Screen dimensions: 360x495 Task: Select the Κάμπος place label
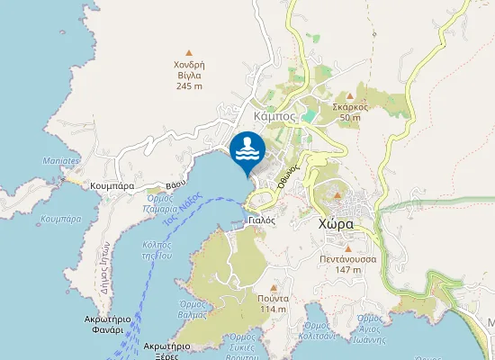[x=276, y=117]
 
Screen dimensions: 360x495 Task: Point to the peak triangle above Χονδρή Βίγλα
[x=189, y=52]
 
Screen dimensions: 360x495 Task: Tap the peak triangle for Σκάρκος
[x=350, y=94]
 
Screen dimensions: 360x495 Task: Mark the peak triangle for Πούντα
[x=272, y=286]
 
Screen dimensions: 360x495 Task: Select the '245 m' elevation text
[x=190, y=86]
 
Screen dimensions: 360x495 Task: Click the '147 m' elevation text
[x=347, y=269]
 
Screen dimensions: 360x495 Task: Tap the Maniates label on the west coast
[x=60, y=161]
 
